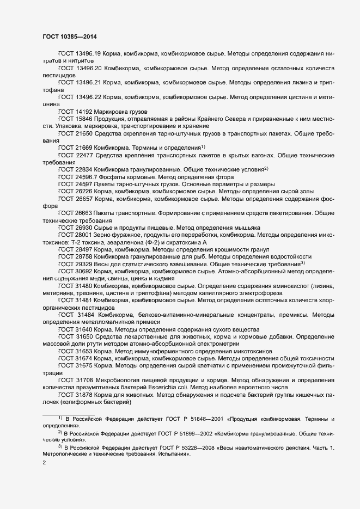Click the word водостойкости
coord(291,256)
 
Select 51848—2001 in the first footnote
coord(195,418)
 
